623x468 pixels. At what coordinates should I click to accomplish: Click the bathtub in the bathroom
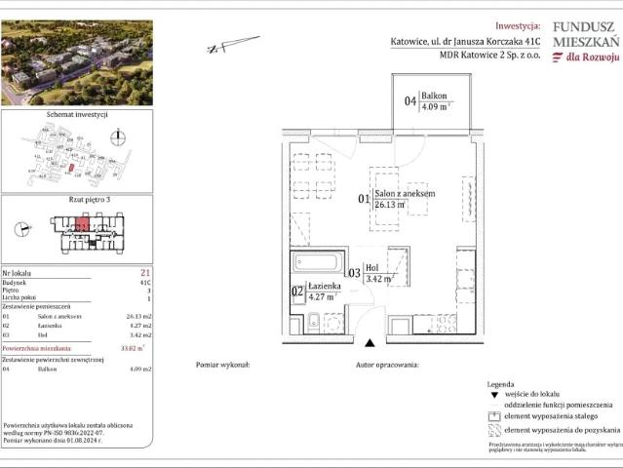click(x=318, y=263)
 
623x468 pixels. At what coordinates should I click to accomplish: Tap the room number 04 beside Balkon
click(x=410, y=100)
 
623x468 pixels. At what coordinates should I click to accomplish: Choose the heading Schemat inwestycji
click(x=76, y=115)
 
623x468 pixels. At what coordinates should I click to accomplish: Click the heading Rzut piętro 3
click(x=76, y=199)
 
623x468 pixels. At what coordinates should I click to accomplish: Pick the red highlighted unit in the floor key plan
click(x=84, y=226)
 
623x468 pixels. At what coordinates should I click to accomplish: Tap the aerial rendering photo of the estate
click(x=76, y=62)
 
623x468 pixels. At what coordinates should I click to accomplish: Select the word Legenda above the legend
click(x=500, y=385)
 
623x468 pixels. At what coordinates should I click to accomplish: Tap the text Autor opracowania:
click(x=387, y=364)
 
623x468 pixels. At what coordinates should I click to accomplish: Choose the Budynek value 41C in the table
click(x=144, y=283)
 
